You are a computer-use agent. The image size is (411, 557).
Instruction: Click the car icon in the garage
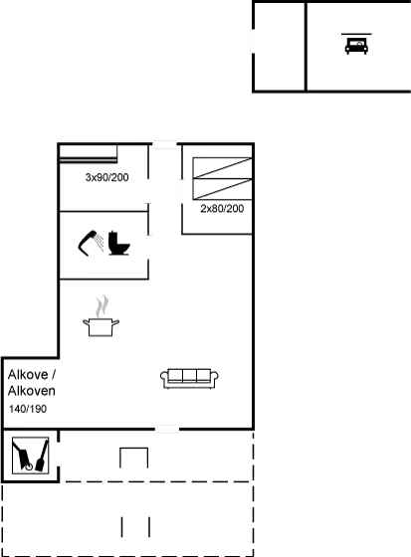(355, 45)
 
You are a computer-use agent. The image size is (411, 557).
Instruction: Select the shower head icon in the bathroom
(89, 242)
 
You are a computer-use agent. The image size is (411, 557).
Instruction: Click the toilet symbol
(118, 244)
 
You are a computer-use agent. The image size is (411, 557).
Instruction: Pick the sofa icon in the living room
(189, 376)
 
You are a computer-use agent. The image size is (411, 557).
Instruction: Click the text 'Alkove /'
(31, 374)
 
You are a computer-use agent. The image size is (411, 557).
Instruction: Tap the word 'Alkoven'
(31, 391)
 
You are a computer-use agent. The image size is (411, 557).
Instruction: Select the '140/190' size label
(27, 409)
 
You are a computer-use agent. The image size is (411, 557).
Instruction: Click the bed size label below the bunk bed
(221, 209)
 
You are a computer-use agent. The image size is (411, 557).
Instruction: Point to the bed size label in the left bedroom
(106, 178)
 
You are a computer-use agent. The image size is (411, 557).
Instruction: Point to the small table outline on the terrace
(134, 458)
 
